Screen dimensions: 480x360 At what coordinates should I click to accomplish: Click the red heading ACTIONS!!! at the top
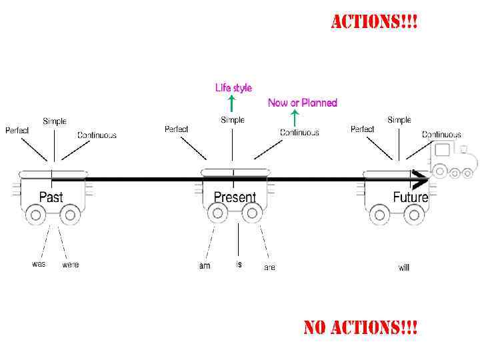coord(375,22)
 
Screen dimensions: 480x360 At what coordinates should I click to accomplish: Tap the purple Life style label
coord(233,87)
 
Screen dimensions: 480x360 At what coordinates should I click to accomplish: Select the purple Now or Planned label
coord(303,103)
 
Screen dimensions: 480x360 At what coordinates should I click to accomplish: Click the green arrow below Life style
coord(231,103)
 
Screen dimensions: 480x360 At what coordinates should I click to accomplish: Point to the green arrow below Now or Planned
coord(295,118)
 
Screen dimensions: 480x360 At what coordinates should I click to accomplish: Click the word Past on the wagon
coord(51,197)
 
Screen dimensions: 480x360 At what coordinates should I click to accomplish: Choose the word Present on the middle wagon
coord(235,197)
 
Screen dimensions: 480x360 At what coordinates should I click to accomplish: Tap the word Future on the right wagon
coord(410,197)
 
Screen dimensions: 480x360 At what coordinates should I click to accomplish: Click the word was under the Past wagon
coord(39,264)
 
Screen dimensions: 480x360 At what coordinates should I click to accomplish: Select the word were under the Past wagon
coord(70,265)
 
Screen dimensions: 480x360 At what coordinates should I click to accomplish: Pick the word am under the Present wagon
coord(205,266)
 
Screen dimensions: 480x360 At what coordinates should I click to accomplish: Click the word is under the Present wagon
coord(239,265)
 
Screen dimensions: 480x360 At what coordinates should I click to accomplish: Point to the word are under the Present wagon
coord(269,267)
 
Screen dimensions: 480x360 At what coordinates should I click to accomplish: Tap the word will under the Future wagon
coord(404,267)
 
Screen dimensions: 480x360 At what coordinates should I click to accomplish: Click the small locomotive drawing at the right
coord(453,160)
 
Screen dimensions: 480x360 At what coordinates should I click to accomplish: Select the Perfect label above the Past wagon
coord(17,130)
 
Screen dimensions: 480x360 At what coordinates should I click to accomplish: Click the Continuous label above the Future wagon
coord(441,135)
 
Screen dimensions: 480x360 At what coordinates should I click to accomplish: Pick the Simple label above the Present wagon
coord(233,120)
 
